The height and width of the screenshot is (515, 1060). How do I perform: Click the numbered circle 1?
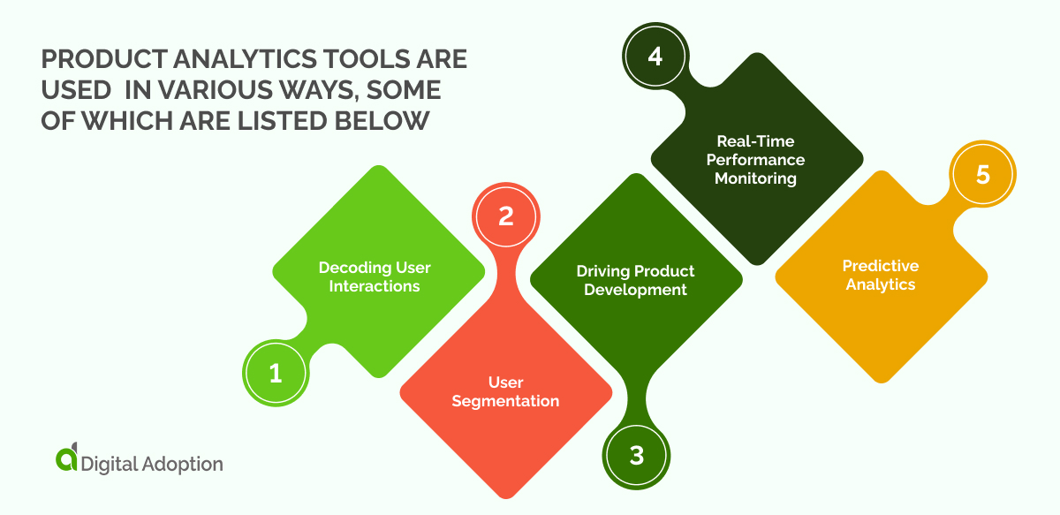(x=276, y=374)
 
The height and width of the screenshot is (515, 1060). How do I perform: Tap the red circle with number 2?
(x=506, y=216)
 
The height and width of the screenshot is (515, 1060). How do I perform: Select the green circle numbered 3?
(x=637, y=456)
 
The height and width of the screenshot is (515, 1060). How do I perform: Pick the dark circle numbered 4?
(x=655, y=56)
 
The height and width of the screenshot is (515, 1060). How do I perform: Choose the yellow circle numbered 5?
(x=983, y=175)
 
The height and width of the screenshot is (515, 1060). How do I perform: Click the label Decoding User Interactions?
(x=375, y=276)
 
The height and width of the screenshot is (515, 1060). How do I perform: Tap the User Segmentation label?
(x=505, y=391)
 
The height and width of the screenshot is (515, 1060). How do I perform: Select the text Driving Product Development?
(x=635, y=280)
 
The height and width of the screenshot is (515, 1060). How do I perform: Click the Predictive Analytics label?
(x=880, y=275)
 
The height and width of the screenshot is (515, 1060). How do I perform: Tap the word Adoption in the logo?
(x=183, y=463)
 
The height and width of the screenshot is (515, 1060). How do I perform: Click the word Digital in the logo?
(x=109, y=463)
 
